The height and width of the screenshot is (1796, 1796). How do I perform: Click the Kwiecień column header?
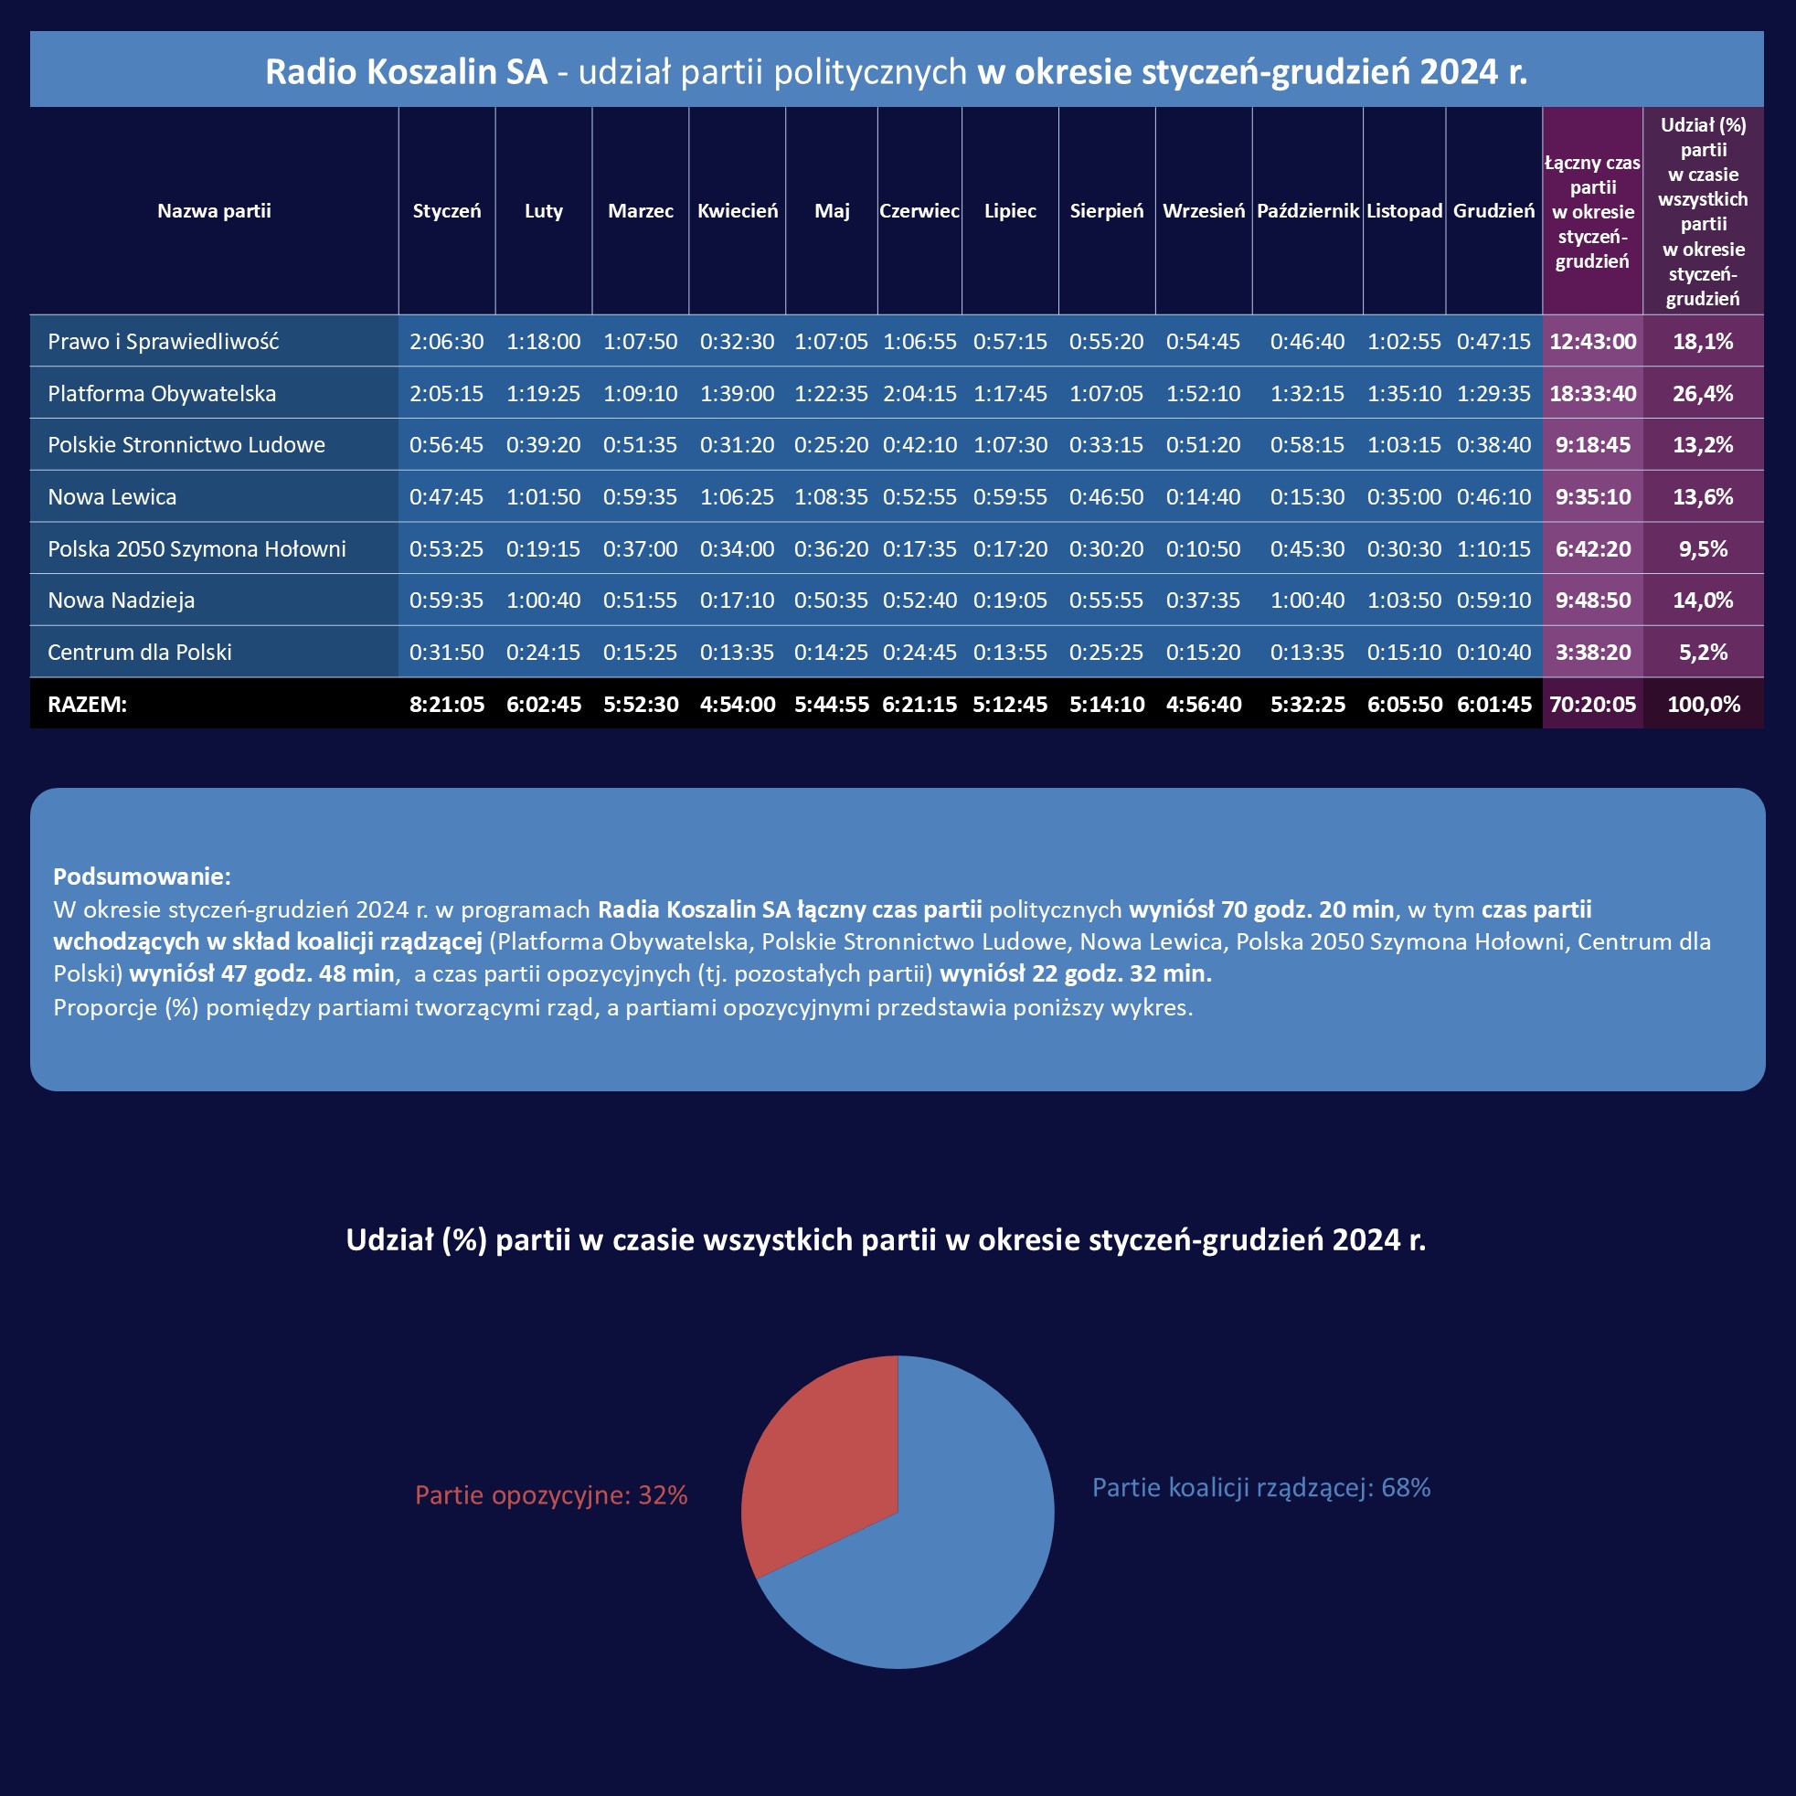click(738, 211)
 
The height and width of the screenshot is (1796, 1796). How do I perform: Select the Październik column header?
click(1307, 211)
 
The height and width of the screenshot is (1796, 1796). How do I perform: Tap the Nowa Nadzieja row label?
click(121, 600)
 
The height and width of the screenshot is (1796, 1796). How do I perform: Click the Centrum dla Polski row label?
click(140, 653)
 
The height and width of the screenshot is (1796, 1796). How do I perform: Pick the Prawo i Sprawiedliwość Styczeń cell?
click(446, 342)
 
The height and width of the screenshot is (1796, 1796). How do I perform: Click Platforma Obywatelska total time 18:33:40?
click(1592, 394)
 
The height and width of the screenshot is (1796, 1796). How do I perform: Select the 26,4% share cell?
click(1702, 394)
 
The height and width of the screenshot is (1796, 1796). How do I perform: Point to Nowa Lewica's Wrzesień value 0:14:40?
click(1203, 497)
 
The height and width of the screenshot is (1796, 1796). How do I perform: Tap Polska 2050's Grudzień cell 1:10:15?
click(1493, 549)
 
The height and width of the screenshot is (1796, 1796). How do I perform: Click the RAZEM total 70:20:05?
click(1592, 705)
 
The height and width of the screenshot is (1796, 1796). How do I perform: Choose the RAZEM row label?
click(88, 705)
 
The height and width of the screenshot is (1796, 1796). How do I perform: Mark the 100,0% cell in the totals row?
click(1703, 705)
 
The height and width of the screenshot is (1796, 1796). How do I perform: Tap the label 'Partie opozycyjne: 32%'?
click(551, 1495)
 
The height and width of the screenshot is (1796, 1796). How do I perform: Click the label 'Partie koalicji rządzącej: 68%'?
click(1260, 1488)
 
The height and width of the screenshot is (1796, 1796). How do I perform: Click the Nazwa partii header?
click(214, 211)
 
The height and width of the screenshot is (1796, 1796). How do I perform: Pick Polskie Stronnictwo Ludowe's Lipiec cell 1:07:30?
click(1010, 445)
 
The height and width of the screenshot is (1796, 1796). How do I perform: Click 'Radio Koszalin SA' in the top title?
click(406, 71)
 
